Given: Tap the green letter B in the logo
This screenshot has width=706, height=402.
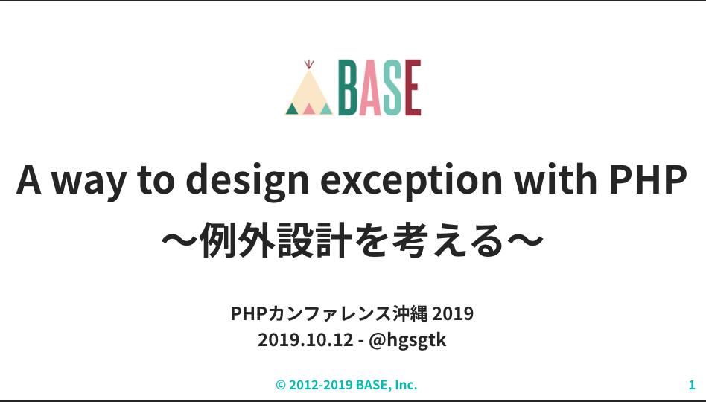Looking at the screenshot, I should (348, 88).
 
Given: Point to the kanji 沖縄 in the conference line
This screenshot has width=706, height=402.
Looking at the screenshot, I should (410, 313).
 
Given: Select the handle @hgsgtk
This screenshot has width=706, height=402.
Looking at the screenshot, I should (407, 341).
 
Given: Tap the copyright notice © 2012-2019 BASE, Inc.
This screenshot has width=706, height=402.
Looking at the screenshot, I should (346, 385).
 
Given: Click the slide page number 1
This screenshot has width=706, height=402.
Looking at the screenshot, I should (692, 385).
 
